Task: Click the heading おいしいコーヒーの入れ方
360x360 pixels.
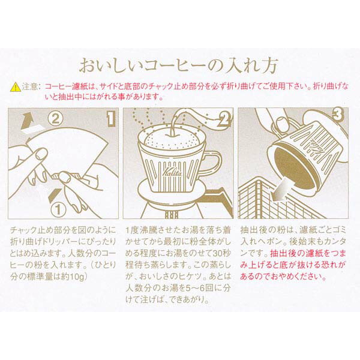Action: point(180,65)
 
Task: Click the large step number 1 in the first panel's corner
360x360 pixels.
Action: point(110,118)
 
